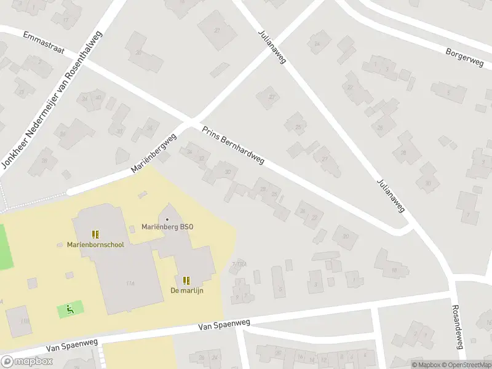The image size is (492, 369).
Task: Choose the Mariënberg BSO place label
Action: (167, 227)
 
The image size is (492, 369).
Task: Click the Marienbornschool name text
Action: (95, 245)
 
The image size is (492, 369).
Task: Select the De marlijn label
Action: (187, 290)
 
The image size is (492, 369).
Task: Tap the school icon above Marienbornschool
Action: (95, 234)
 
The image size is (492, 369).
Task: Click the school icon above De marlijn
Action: (187, 280)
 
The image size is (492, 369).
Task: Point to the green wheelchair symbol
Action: (70, 309)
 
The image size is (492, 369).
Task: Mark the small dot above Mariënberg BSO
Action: (167, 219)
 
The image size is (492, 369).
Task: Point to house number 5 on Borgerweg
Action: (448, 93)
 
